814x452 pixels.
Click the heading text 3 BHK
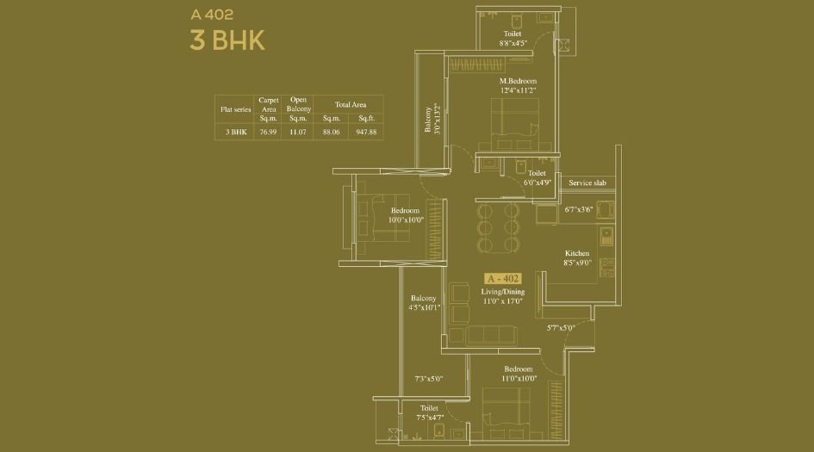click(x=227, y=40)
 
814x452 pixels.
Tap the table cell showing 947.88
click(x=366, y=133)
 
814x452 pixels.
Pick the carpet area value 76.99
click(x=268, y=133)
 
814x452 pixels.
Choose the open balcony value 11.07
click(x=298, y=133)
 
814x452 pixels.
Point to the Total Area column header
click(x=349, y=104)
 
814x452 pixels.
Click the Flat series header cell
click(x=234, y=109)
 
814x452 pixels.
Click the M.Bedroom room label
click(x=518, y=81)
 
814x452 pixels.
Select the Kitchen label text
click(x=577, y=253)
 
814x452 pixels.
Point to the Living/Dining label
click(x=502, y=292)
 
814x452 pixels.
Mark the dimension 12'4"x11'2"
click(x=518, y=90)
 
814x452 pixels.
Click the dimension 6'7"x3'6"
click(x=580, y=209)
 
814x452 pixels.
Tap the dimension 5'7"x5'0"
click(x=560, y=327)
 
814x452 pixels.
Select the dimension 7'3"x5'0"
click(x=428, y=378)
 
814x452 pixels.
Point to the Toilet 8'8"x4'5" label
click(x=513, y=38)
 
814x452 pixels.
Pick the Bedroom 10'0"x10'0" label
click(x=405, y=215)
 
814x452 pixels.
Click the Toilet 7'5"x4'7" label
click(x=429, y=412)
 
